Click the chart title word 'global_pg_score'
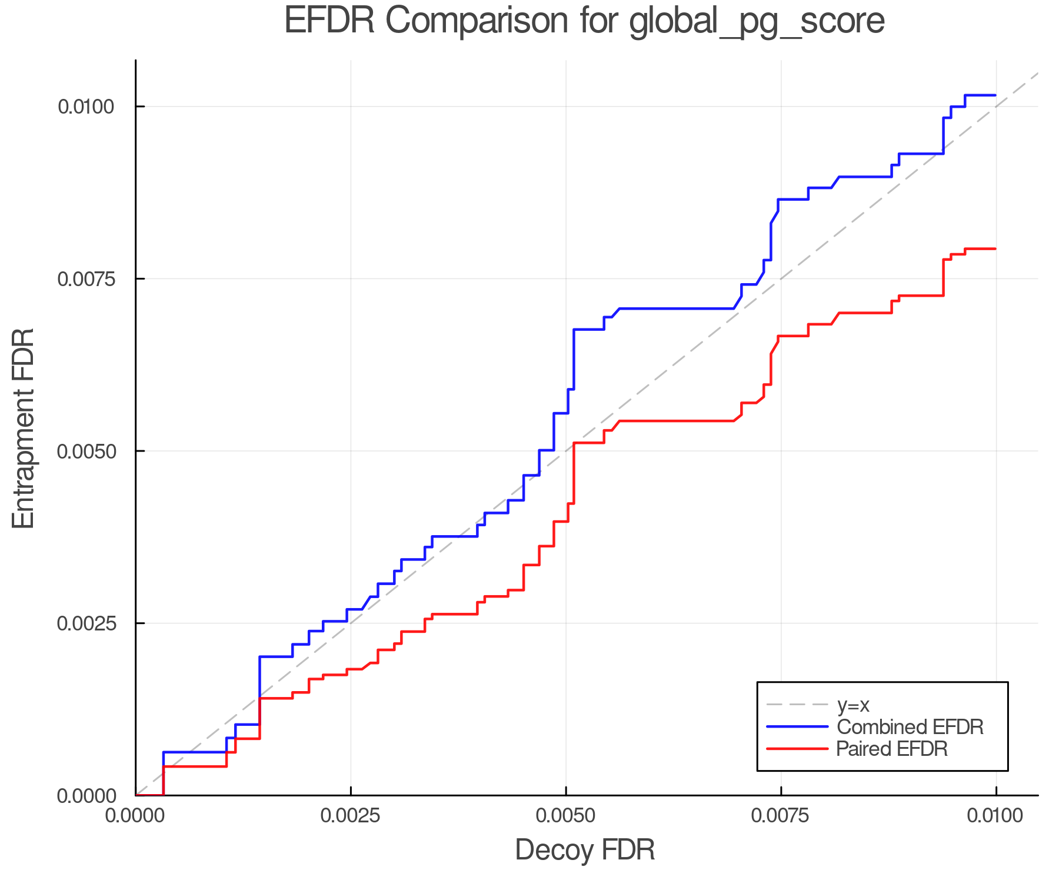pyautogui.click(x=757, y=21)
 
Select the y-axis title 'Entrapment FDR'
pyautogui.click(x=24, y=428)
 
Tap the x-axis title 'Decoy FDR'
pyautogui.click(x=585, y=850)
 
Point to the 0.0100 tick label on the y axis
pyautogui.click(x=85, y=107)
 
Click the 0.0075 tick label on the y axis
pyautogui.click(x=85, y=279)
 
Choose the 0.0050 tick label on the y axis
pyautogui.click(x=85, y=452)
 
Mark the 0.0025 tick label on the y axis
pyautogui.click(x=85, y=623)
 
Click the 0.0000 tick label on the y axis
pyautogui.click(x=85, y=796)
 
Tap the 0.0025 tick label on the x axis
pyautogui.click(x=351, y=816)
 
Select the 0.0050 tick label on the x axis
pyautogui.click(x=566, y=816)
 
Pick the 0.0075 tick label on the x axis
pyautogui.click(x=781, y=816)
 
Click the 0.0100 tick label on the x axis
pyautogui.click(x=996, y=816)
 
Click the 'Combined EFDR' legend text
pyautogui.click(x=910, y=727)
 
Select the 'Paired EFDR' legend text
pyautogui.click(x=892, y=749)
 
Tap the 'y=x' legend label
pyautogui.click(x=853, y=705)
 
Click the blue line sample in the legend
pyautogui.click(x=797, y=727)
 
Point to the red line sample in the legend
pyautogui.click(x=797, y=749)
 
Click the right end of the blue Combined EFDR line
pyautogui.click(x=995, y=95)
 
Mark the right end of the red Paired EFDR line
pyautogui.click(x=995, y=249)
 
